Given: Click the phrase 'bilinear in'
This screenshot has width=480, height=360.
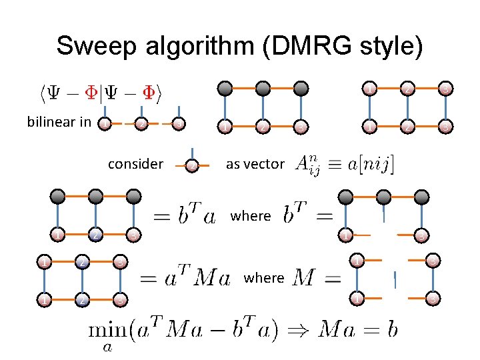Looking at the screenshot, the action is [x=59, y=122].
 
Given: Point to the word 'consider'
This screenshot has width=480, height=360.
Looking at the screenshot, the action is [x=135, y=164].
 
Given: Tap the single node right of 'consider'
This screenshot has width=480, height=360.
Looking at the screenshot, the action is [x=192, y=165].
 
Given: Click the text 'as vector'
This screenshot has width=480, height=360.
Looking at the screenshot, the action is [x=255, y=164].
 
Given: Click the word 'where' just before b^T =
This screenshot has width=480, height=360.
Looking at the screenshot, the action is [x=251, y=216].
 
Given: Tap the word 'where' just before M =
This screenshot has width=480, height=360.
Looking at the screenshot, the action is [x=264, y=277].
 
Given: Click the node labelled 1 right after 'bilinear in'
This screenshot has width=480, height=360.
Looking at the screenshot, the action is [x=105, y=124].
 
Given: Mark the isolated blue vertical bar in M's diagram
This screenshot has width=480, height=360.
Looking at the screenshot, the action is [x=395, y=280].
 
